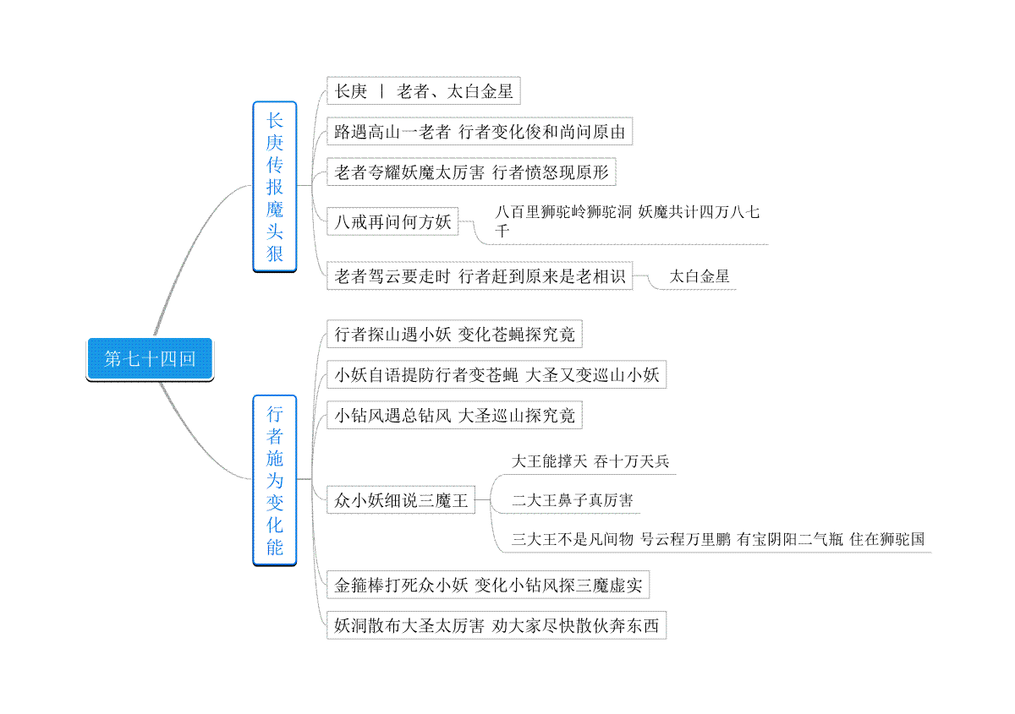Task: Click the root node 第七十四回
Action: (150, 359)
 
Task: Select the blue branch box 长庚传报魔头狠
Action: (275, 187)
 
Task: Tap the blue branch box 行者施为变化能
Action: (275, 481)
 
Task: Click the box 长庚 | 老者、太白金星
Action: (423, 91)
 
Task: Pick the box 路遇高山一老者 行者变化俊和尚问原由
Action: (480, 131)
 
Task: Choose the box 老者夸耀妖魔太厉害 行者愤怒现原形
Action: (471, 172)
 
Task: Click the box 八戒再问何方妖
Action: (392, 221)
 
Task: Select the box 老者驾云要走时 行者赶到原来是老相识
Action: (480, 275)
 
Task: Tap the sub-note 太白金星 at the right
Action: (700, 276)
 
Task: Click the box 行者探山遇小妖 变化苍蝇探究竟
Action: (454, 334)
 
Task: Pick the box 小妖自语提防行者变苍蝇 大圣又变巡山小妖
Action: (497, 374)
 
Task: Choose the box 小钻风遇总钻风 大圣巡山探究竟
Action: (454, 415)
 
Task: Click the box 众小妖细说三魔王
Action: (401, 500)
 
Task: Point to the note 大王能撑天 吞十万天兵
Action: (590, 461)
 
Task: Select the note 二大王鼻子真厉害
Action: (573, 500)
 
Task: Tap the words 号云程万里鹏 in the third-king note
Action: (686, 539)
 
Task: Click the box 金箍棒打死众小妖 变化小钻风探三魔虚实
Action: (488, 585)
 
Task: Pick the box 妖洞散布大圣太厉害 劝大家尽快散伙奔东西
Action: (497, 625)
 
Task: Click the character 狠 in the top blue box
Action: (275, 253)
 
